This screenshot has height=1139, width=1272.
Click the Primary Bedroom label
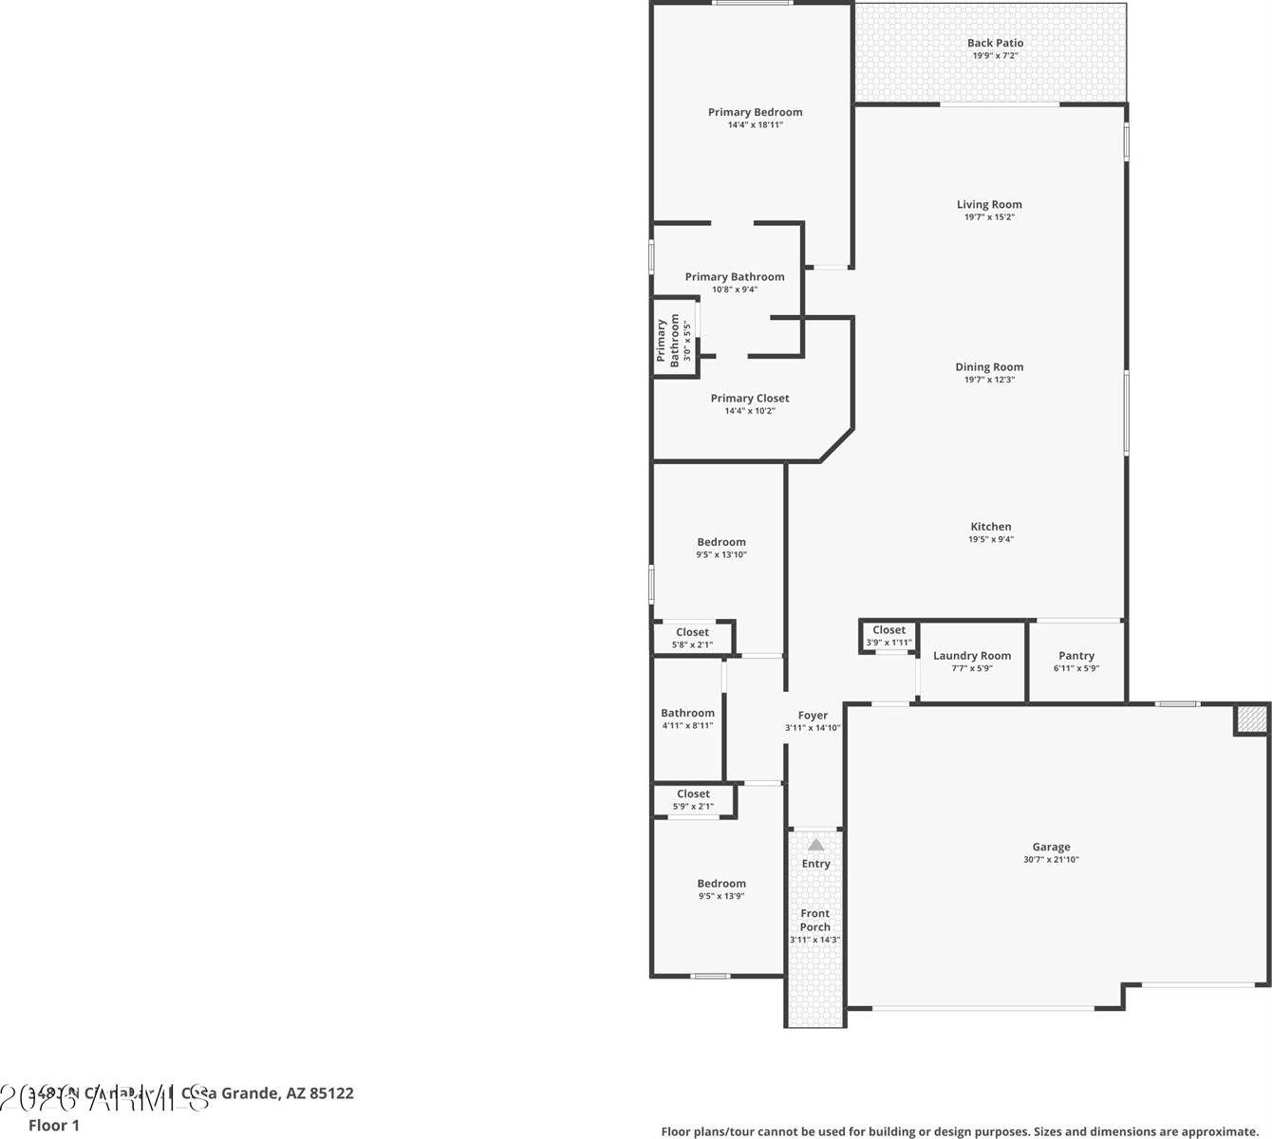pyautogui.click(x=755, y=112)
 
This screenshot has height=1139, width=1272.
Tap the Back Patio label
pyautogui.click(x=995, y=43)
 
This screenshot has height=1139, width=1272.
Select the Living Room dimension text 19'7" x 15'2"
pyautogui.click(x=989, y=217)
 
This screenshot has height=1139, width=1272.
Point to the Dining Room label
pyautogui.click(x=989, y=367)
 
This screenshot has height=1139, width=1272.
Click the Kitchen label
pyautogui.click(x=990, y=527)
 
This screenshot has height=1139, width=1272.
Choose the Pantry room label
pyautogui.click(x=1076, y=656)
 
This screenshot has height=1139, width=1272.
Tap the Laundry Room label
pyautogui.click(x=971, y=656)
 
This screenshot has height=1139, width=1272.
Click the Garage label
pyautogui.click(x=1051, y=848)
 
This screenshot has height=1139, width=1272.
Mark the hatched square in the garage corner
pyautogui.click(x=1250, y=719)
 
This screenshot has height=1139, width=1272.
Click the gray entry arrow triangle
pyautogui.click(x=815, y=844)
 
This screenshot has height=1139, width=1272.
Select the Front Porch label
pyautogui.click(x=814, y=921)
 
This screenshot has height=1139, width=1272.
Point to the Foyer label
pyautogui.click(x=813, y=716)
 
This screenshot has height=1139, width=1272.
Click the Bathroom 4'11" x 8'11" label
pyautogui.click(x=687, y=714)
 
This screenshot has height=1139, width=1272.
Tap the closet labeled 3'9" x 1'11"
pyautogui.click(x=889, y=636)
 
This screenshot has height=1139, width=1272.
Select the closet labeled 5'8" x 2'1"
pyautogui.click(x=692, y=638)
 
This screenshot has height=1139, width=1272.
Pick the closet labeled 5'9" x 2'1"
pyautogui.click(x=693, y=800)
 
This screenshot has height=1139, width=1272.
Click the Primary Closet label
pyautogui.click(x=750, y=399)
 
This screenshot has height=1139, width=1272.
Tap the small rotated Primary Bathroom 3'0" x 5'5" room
pyautogui.click(x=673, y=340)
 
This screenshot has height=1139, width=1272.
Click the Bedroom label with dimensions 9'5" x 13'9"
pyautogui.click(x=721, y=884)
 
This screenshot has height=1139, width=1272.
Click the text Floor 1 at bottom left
pyautogui.click(x=54, y=1126)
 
